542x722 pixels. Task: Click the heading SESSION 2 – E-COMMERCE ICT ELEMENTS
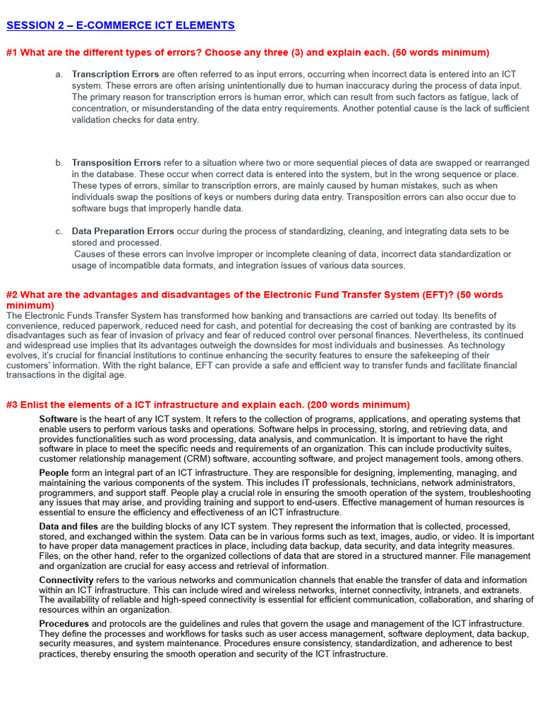tap(120, 25)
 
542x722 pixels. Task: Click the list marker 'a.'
tap(59, 74)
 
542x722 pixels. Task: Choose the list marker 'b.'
tap(59, 163)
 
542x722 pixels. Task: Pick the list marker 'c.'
tap(59, 231)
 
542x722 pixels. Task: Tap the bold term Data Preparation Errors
tap(123, 231)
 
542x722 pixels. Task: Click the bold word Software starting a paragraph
tap(59, 419)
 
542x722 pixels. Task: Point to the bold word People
tap(54, 472)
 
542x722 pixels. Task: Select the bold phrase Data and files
tap(69, 527)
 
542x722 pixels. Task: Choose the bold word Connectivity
tap(66, 580)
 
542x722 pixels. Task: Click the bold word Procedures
tap(64, 624)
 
